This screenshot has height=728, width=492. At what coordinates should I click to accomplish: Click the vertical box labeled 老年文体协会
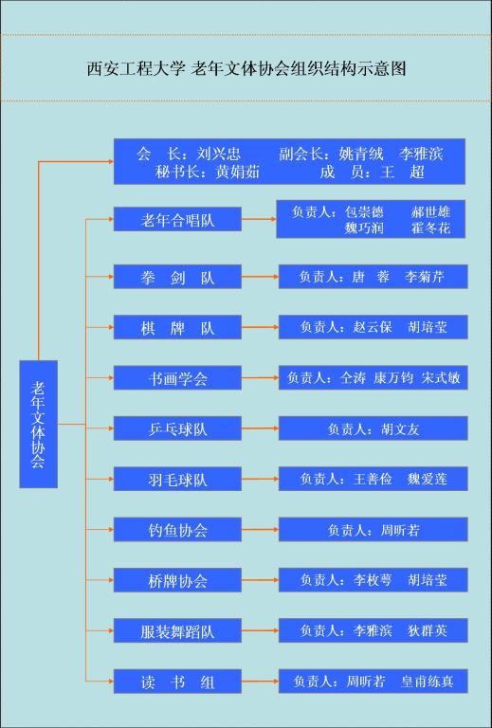39,424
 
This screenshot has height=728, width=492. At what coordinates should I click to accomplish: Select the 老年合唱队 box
177,219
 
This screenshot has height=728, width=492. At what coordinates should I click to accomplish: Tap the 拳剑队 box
177,277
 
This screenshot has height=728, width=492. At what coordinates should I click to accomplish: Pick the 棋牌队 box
177,327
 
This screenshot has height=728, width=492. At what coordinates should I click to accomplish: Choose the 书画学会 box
177,378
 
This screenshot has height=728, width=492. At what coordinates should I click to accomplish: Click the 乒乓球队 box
177,428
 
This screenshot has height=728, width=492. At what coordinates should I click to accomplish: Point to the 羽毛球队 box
177,479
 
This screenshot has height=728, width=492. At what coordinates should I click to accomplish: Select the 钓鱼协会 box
177,530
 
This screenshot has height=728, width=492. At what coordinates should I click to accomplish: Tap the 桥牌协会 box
177,580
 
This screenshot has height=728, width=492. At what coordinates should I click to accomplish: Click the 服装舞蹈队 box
177,631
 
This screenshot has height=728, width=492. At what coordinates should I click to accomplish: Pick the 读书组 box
177,682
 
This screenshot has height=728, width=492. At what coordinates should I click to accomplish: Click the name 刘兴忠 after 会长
219,154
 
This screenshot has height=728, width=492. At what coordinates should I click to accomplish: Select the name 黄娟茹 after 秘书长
237,173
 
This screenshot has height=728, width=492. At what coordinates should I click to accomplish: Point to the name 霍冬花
430,227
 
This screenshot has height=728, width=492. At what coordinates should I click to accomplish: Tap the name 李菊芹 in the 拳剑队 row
425,277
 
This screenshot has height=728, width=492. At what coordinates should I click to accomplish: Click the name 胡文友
400,429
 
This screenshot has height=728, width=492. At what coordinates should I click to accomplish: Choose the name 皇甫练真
428,682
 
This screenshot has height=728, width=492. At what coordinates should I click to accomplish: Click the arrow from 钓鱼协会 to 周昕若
260,530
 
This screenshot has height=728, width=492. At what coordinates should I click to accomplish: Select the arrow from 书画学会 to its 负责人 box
260,378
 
